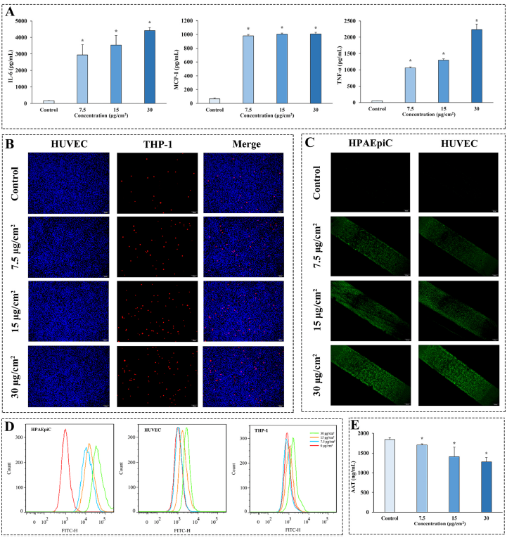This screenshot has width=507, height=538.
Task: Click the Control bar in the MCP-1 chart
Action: (214, 101)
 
